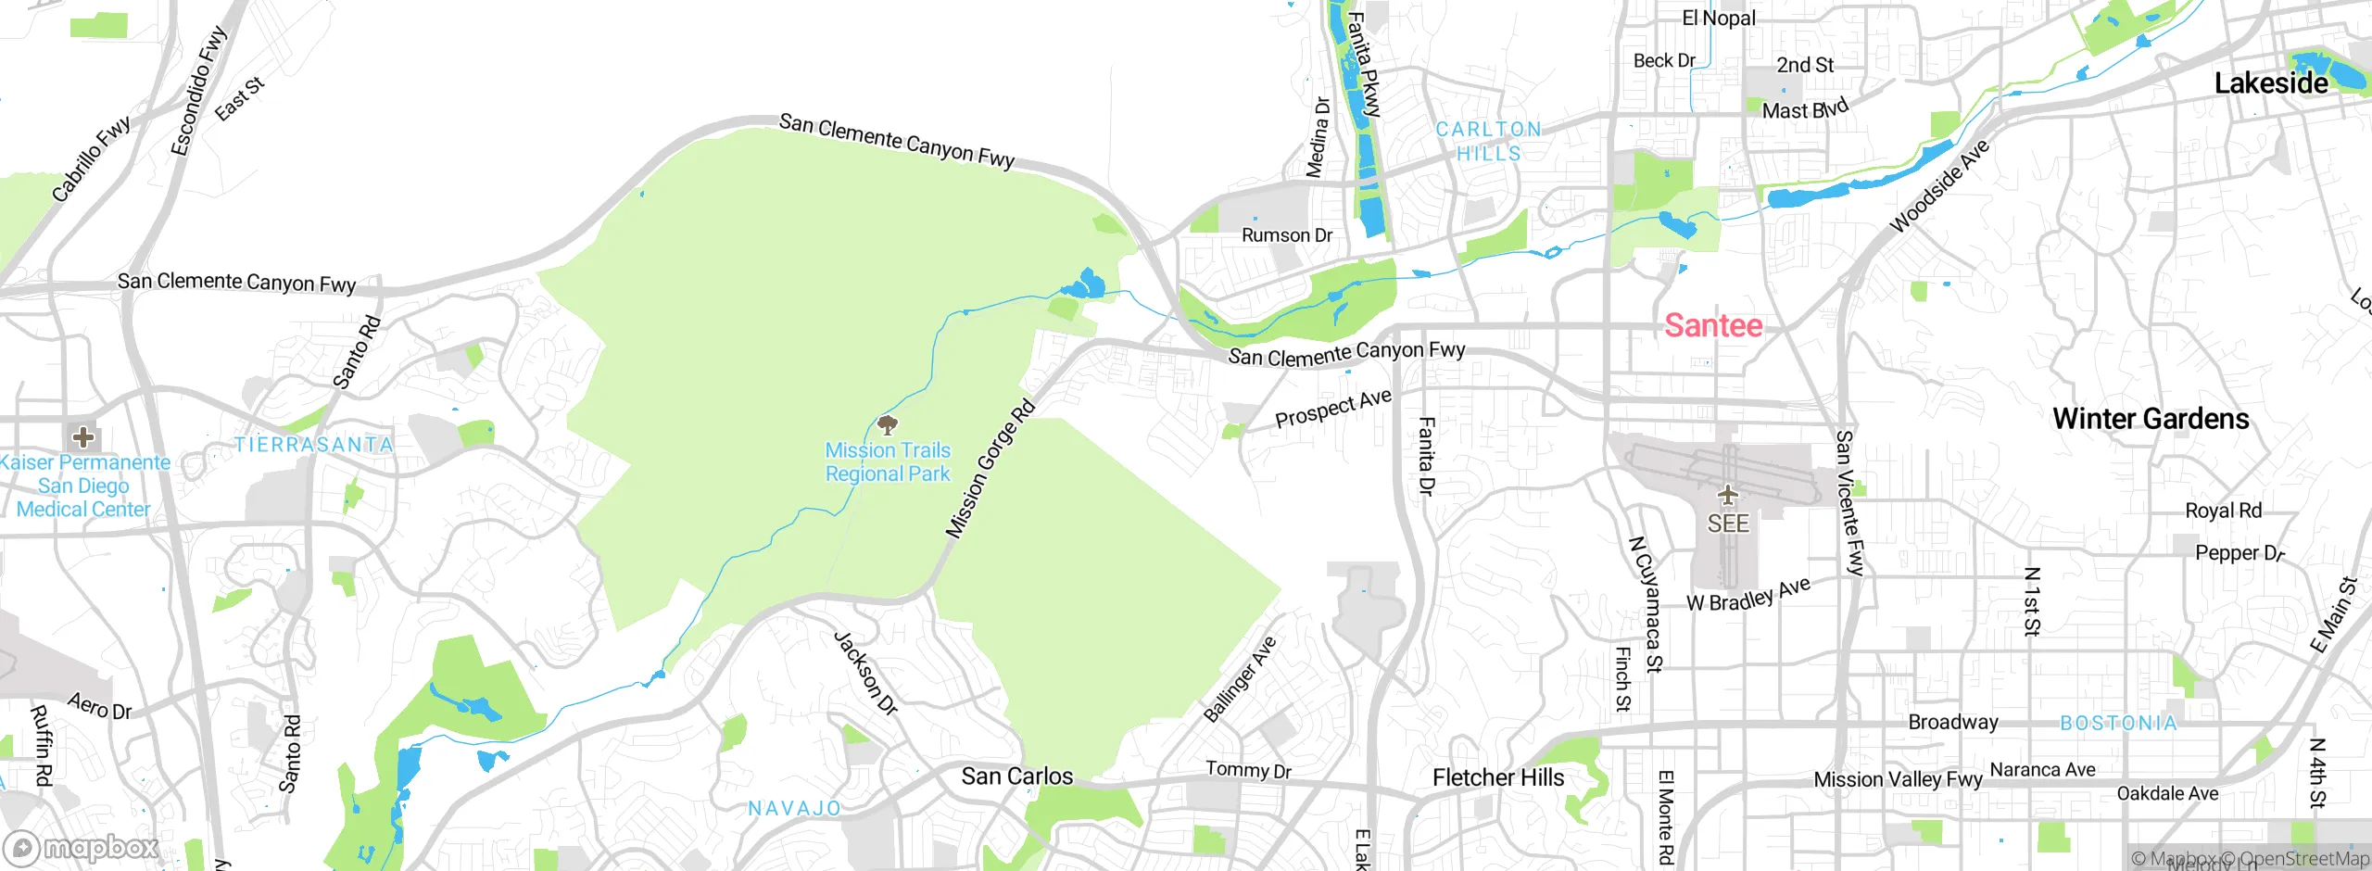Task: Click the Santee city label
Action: pos(1713,325)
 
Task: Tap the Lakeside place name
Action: pos(2270,83)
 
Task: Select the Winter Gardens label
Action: pos(2151,419)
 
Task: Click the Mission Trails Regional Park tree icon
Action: pos(888,425)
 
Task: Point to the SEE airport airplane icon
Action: pos(1727,495)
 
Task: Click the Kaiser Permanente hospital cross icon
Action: pos(82,436)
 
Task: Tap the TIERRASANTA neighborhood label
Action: pos(313,445)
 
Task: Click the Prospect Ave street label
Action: pos(1333,409)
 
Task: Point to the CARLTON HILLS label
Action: pos(1489,142)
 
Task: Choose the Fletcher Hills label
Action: pos(1497,777)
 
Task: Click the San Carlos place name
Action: pos(1016,776)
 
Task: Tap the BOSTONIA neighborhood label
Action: pos(2118,723)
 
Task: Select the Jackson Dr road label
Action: pos(866,674)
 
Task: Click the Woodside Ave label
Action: pos(1938,186)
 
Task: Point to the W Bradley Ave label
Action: pos(1747,595)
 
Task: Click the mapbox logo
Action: pos(82,848)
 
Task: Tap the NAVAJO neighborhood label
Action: pos(794,808)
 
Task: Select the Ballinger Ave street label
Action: pos(1240,679)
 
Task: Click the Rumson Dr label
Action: pos(1286,235)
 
